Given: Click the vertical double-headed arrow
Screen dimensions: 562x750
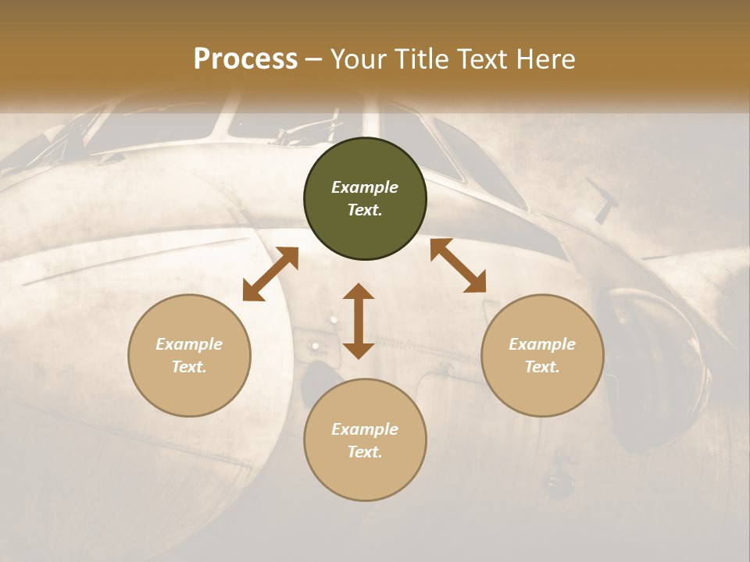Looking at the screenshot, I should click(359, 321).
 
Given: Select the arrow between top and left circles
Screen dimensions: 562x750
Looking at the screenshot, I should click(270, 274).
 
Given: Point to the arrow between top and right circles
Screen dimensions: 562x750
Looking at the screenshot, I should click(459, 265).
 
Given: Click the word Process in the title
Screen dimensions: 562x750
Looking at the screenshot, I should click(245, 59).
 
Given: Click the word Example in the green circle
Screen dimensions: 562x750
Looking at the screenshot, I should click(365, 187).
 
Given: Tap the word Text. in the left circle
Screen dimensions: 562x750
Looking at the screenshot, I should click(189, 367).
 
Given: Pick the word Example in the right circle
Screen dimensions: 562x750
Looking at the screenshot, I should click(542, 344).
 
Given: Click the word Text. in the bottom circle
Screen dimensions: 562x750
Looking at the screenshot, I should click(365, 452).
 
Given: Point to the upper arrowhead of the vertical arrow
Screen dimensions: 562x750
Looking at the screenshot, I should click(359, 292).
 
